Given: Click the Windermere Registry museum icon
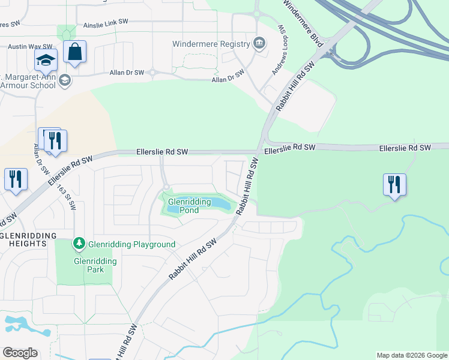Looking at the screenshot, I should pyautogui.click(x=259, y=43).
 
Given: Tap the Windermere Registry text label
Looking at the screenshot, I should pyautogui.click(x=211, y=44).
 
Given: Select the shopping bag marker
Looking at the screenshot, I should pyautogui.click(x=75, y=53).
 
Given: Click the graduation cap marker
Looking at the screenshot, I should pyautogui.click(x=45, y=61).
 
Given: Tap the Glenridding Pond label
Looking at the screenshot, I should pyautogui.click(x=189, y=206).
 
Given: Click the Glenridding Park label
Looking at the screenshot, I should pyautogui.click(x=89, y=265).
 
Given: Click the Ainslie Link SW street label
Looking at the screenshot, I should pyautogui.click(x=106, y=22).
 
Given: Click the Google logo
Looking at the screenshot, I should pyautogui.click(x=20, y=353).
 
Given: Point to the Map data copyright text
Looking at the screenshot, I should pyautogui.click(x=411, y=355).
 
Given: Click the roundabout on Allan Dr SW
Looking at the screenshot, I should pyautogui.click(x=152, y=73).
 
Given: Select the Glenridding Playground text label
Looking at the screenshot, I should pyautogui.click(x=131, y=244).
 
